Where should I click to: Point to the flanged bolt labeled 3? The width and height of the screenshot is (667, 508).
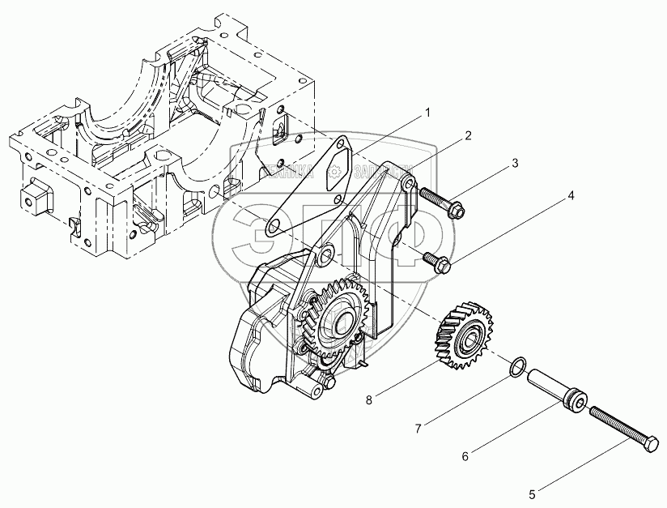(x=440, y=203)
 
